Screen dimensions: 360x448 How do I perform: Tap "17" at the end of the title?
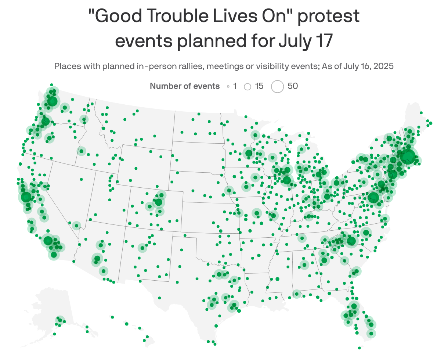click(x=323, y=41)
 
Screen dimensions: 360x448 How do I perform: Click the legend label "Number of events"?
click(x=185, y=86)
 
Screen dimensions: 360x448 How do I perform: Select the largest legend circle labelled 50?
click(x=277, y=87)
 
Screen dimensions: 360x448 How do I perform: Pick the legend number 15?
click(x=259, y=86)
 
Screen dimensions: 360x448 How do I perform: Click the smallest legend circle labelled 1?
click(x=228, y=87)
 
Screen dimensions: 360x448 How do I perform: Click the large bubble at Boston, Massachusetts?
click(x=408, y=156)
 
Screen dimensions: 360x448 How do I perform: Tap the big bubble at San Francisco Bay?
click(x=26, y=197)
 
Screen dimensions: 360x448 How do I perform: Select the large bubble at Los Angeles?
click(x=48, y=241)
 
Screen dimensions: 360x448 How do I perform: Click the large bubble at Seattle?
click(x=52, y=101)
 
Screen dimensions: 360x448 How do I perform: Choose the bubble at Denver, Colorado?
click(x=159, y=202)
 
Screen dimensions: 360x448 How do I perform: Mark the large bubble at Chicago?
click(x=287, y=180)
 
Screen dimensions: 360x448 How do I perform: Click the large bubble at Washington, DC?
click(x=373, y=198)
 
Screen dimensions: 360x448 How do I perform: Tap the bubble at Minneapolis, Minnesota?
click(x=249, y=153)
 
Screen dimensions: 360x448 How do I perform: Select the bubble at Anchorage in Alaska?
click(x=59, y=320)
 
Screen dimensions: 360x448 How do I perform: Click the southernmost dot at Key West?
click(x=359, y=348)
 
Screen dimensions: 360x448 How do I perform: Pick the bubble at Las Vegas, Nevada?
click(x=76, y=226)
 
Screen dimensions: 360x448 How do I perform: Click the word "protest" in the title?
click(x=328, y=17)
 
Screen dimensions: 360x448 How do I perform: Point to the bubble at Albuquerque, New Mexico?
click(x=142, y=248)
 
